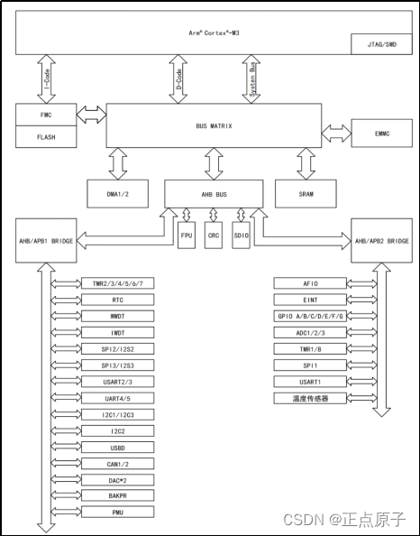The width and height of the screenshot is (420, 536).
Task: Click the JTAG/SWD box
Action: click(x=378, y=44)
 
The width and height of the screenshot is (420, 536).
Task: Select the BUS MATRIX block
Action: click(x=215, y=125)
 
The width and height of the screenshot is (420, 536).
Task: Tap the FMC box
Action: click(x=47, y=115)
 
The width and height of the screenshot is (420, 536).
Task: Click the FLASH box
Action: click(x=47, y=137)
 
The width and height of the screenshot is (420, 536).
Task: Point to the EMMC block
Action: click(x=383, y=134)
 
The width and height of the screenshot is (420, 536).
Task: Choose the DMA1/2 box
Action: click(x=117, y=193)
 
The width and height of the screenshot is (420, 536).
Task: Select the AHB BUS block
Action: click(x=214, y=191)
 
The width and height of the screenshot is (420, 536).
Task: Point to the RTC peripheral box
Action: click(x=117, y=300)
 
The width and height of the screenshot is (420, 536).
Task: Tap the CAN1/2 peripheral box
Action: click(x=117, y=464)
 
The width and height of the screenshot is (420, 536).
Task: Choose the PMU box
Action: click(x=117, y=513)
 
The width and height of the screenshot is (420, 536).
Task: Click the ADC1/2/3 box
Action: click(x=310, y=332)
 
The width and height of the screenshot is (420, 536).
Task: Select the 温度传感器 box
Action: click(x=310, y=398)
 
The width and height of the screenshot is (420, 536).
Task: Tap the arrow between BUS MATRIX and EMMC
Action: click(x=337, y=134)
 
